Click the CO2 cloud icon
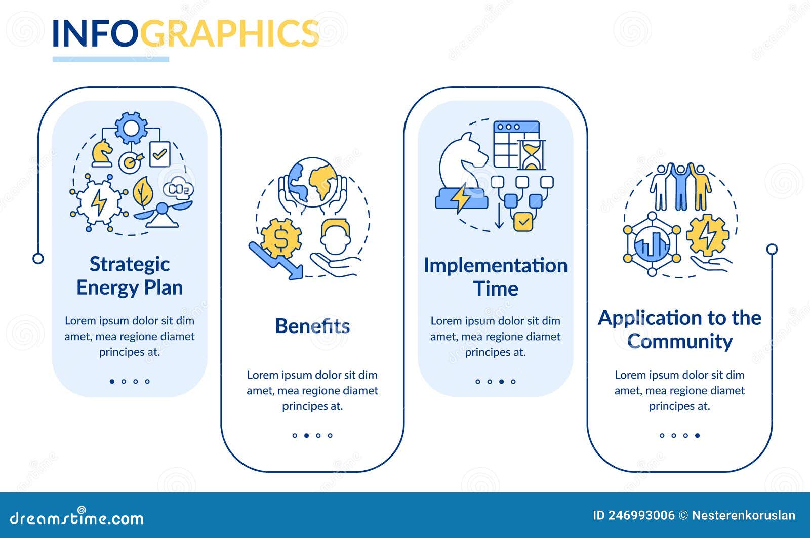click(178, 188)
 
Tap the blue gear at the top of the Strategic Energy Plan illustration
click(131, 128)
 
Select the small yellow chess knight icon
click(102, 153)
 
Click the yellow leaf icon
click(143, 192)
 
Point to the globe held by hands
click(313, 183)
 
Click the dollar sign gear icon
click(281, 238)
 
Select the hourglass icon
click(531, 155)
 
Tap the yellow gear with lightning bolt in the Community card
click(707, 235)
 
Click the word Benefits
click(312, 326)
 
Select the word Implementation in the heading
click(496, 266)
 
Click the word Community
click(680, 342)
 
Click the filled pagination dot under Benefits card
click(307, 436)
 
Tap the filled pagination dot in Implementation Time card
click(502, 382)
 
